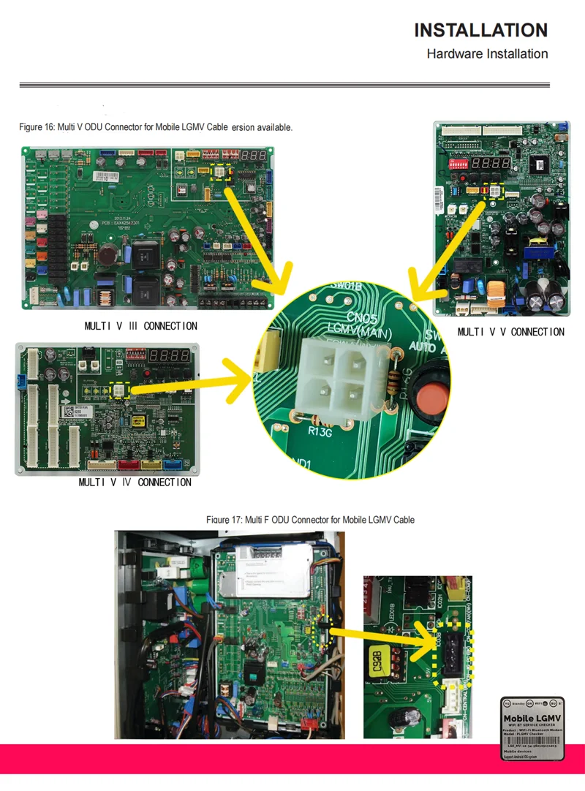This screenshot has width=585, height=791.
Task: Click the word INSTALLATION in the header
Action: pos(480,30)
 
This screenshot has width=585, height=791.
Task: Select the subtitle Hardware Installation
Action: pos(487,53)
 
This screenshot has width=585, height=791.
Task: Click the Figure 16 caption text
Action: pos(156,127)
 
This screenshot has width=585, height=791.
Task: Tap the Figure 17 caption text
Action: pos(310,520)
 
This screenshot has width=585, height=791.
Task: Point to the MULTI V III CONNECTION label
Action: pos(140,325)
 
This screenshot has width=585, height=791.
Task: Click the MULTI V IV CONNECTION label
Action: pos(135,482)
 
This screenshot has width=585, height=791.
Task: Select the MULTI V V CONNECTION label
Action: pos(510,332)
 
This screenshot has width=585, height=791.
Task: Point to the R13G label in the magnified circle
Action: pos(320,431)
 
